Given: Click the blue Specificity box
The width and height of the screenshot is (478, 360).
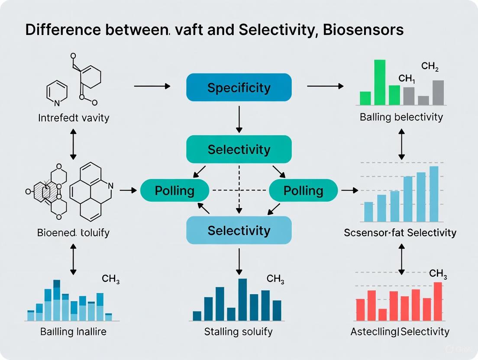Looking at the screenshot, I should [x=239, y=87].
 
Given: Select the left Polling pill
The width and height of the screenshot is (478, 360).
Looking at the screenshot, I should [x=174, y=190].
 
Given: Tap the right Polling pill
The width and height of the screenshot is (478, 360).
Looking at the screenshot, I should [x=303, y=190].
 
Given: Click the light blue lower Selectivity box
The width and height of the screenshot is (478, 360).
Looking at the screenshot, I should [x=239, y=230].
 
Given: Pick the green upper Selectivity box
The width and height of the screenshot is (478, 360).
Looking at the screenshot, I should [x=239, y=149].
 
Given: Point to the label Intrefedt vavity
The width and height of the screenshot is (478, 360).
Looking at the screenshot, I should [x=73, y=117].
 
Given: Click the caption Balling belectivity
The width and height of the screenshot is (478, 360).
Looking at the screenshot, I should [x=401, y=117].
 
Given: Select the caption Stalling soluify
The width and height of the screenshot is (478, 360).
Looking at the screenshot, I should [x=238, y=332].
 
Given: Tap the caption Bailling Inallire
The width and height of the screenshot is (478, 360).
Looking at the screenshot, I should [x=73, y=332].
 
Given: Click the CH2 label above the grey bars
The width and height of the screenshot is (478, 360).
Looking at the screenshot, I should [x=430, y=67].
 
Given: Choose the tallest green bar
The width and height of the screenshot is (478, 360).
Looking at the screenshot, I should [x=380, y=82].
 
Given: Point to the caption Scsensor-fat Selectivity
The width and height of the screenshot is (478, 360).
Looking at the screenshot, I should [x=400, y=233].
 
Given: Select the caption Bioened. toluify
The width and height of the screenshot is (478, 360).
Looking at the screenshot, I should [x=73, y=233].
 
